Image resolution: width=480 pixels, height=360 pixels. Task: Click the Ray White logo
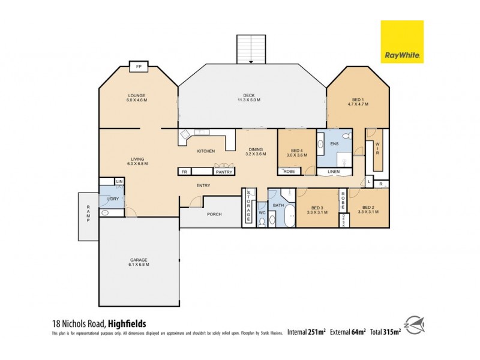coord(402,42)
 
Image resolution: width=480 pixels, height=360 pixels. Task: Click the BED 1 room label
coord(358,101)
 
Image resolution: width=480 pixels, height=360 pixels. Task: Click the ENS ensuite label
coord(334,145)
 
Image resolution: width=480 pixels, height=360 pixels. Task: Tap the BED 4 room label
coord(298,152)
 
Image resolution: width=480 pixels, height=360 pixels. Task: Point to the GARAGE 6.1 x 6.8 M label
coord(139,262)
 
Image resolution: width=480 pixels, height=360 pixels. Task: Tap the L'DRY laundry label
coord(112,198)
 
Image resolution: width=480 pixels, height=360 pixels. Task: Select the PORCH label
coord(214,214)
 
